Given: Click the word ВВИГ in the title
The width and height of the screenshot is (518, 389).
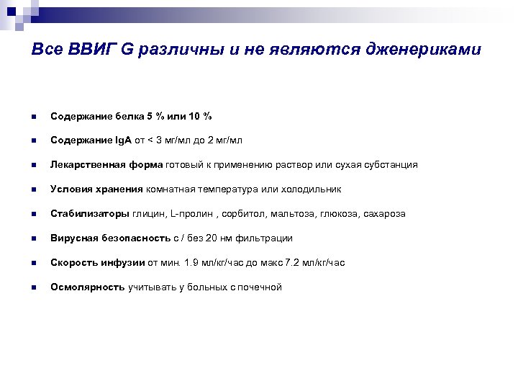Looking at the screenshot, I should [x=90, y=50].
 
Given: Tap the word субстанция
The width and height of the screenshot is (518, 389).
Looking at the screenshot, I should [x=390, y=165].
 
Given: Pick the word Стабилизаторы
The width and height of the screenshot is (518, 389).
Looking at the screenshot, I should [x=80, y=214].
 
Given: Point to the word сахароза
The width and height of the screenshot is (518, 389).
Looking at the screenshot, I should [x=384, y=214].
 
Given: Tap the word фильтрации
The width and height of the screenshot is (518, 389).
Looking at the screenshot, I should [x=267, y=238].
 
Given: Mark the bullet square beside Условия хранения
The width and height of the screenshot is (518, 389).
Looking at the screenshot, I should [x=32, y=190].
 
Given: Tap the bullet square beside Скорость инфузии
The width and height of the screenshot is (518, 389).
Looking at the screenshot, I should [x=32, y=264].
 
